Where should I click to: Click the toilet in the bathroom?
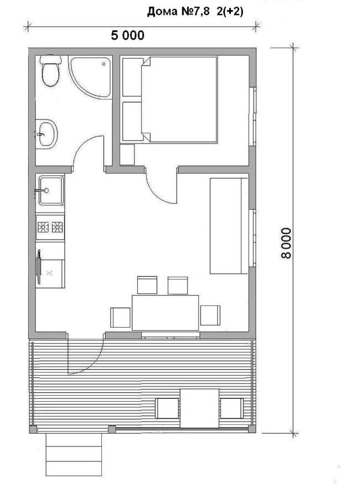click(x=50, y=70)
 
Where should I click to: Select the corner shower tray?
click(x=91, y=77)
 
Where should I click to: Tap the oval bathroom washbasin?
click(x=47, y=134)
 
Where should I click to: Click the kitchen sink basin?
click(x=51, y=190)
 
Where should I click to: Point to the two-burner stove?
click(x=50, y=227)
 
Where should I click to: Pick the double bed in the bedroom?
click(x=179, y=100)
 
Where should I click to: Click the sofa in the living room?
click(x=229, y=226)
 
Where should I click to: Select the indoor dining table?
click(x=165, y=313)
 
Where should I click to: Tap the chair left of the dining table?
click(x=121, y=317)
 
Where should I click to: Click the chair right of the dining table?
click(x=210, y=315)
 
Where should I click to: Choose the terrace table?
click(x=199, y=408)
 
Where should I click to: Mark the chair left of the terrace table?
click(x=167, y=408)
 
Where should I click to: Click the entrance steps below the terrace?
click(x=74, y=454)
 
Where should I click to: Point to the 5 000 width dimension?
click(x=128, y=35)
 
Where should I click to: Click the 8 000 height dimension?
click(x=286, y=243)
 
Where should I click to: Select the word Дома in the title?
click(x=162, y=12)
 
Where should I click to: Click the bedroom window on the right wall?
click(x=253, y=116)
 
